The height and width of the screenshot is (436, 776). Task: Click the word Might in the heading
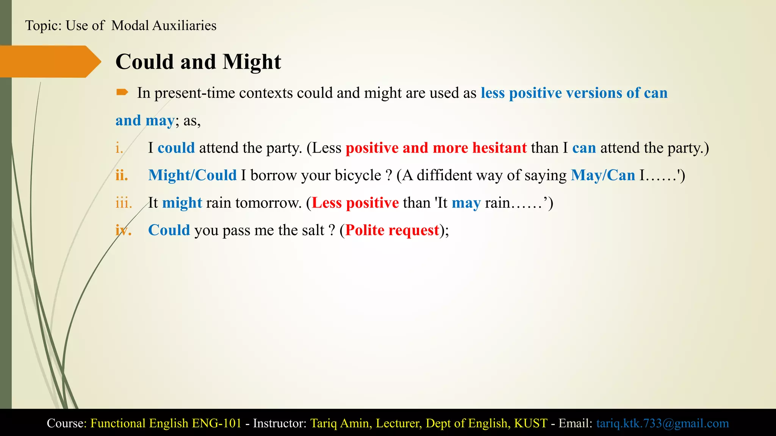[x=252, y=62]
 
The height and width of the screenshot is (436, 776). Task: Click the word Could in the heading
[x=144, y=62]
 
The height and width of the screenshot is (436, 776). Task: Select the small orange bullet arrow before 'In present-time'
[x=122, y=92]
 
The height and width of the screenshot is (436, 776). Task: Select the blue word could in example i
[x=176, y=148]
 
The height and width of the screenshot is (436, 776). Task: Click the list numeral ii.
[x=122, y=176]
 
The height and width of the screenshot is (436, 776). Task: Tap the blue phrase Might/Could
[x=192, y=175]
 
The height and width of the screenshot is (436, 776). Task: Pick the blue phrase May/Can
[x=603, y=175]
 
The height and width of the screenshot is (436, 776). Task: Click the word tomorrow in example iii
[x=268, y=203]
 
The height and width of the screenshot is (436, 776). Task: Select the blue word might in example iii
[x=182, y=203]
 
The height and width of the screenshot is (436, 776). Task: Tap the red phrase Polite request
[x=392, y=230]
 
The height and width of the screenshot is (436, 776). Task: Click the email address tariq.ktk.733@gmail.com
[x=662, y=423]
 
